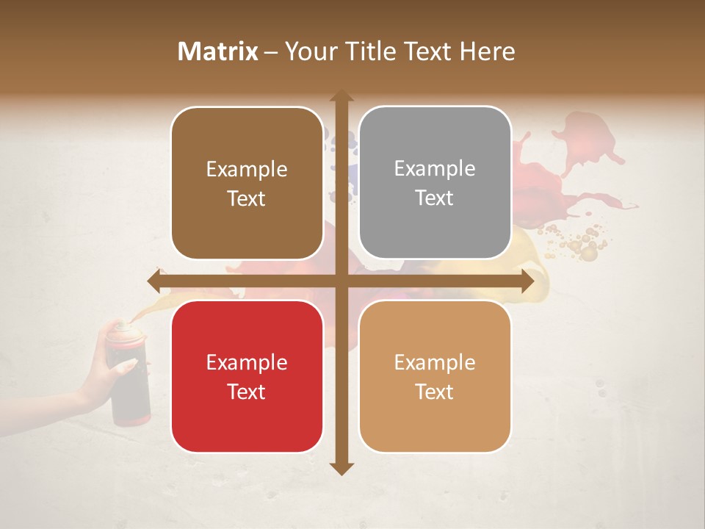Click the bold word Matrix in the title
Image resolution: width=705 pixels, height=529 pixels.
click(218, 51)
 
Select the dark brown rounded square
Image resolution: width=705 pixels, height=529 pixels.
click(247, 184)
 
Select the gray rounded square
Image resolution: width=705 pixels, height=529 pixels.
click(435, 183)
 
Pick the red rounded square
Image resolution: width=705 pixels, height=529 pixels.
click(247, 376)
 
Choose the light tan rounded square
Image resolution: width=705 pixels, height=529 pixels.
click(435, 376)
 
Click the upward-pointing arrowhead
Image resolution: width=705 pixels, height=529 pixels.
click(341, 96)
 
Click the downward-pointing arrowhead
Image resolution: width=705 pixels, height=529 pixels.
click(341, 469)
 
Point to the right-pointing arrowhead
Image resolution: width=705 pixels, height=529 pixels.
click(527, 281)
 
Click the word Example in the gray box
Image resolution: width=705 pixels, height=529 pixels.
click(435, 169)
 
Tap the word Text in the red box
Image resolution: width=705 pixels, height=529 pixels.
click(246, 392)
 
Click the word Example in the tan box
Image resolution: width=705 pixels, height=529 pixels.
click(435, 362)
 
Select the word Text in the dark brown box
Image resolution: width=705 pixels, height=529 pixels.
click(246, 198)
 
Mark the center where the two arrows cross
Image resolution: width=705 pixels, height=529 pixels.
click(341, 281)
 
